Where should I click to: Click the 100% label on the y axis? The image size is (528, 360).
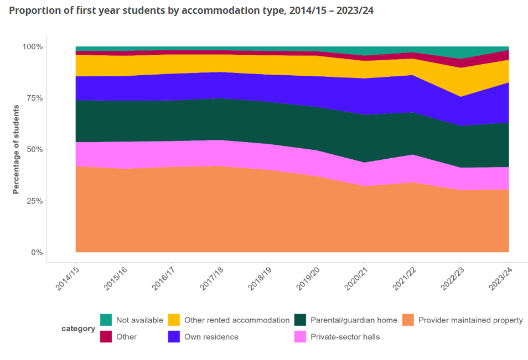pos(32,46)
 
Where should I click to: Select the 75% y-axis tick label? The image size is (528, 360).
pos(33,98)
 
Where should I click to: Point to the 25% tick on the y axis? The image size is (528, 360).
pos(33,201)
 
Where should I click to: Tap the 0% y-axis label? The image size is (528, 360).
pos(35,252)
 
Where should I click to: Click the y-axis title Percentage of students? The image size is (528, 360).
pos(16,150)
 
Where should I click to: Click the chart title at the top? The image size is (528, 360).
pos(191,11)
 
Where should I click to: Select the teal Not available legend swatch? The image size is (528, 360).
pos(106,320)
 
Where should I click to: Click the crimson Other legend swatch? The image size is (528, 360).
pos(106,336)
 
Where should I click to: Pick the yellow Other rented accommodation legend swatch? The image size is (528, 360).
pos(174,320)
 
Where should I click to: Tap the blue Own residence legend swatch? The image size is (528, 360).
pos(174,336)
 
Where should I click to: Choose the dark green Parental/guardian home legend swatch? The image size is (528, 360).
pos(300,320)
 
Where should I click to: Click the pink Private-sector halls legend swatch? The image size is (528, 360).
pos(300,336)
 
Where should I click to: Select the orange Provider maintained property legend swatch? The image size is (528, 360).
pos(408,320)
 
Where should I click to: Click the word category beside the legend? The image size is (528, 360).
pos(78,328)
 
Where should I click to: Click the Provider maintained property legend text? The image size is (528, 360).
pos(470,320)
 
